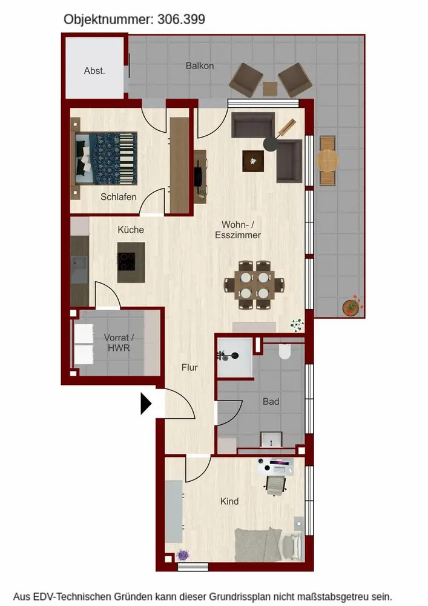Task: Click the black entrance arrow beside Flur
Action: point(145,404)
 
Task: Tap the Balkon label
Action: point(200,65)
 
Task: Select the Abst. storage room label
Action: point(94,71)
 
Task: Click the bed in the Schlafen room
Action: point(106,158)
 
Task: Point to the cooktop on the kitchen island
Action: point(127,261)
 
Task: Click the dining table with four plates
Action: point(254,285)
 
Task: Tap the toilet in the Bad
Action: point(285,351)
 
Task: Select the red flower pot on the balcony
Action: point(352,307)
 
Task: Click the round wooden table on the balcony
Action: point(328,161)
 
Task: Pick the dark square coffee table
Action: point(253,161)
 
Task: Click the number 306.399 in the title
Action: point(181,19)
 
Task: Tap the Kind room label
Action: point(229,501)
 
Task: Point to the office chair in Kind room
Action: point(275,485)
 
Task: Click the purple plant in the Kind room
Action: point(183,555)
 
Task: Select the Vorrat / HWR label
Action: point(119,343)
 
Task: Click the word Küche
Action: point(131,230)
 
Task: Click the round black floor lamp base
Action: point(271,144)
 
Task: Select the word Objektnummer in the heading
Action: point(109,19)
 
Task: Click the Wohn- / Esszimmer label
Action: point(238,230)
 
